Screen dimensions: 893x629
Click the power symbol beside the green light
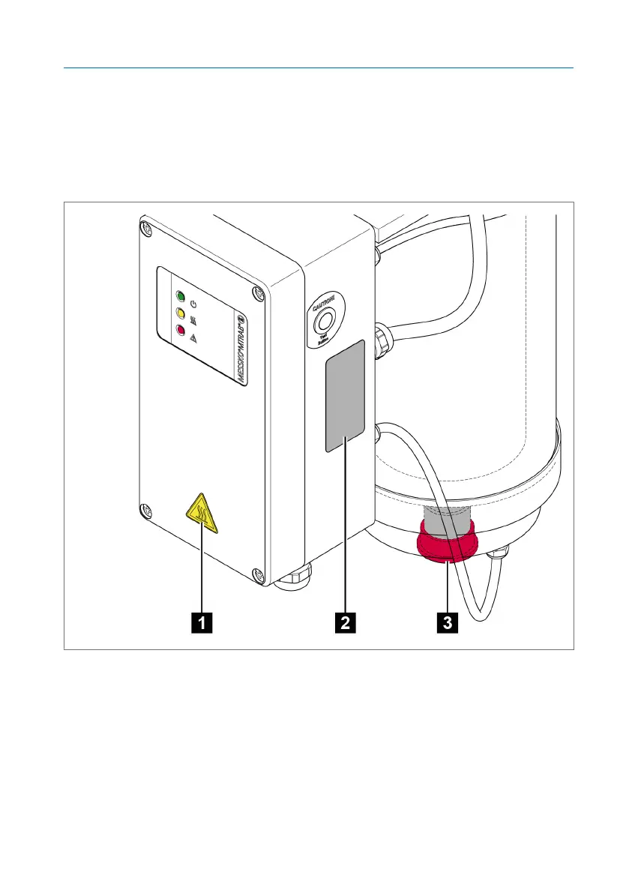pyautogui.click(x=193, y=304)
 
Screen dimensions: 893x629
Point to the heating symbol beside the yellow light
pyautogui.click(x=193, y=322)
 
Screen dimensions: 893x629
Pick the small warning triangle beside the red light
pyautogui.click(x=193, y=339)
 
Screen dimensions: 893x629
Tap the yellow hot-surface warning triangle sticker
pyautogui.click(x=202, y=515)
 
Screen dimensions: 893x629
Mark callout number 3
pyautogui.click(x=448, y=622)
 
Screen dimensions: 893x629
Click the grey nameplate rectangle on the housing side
pyautogui.click(x=345, y=395)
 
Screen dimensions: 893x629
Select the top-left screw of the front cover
pyautogui.click(x=147, y=226)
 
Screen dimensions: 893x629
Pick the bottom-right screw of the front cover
pyautogui.click(x=258, y=575)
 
